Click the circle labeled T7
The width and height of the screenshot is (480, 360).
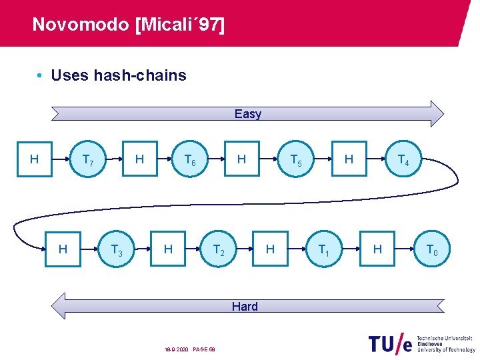point(88,161)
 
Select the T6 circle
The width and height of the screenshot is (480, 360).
point(190,161)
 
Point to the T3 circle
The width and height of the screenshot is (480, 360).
point(116,250)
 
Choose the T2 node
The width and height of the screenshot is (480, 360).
point(218,250)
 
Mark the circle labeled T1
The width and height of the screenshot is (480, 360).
point(323,250)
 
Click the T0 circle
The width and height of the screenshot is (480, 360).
point(431,250)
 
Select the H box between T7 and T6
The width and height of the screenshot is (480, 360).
point(139,159)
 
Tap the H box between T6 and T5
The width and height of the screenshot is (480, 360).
point(242,159)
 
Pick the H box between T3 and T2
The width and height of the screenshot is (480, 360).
point(169,249)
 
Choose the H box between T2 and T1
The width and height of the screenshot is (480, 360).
point(270,249)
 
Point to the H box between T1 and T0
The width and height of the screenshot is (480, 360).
point(377,249)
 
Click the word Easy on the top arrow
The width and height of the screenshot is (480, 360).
point(248,114)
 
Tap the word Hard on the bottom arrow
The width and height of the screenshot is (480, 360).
point(245,307)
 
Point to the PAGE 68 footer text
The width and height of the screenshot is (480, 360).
point(203,349)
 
